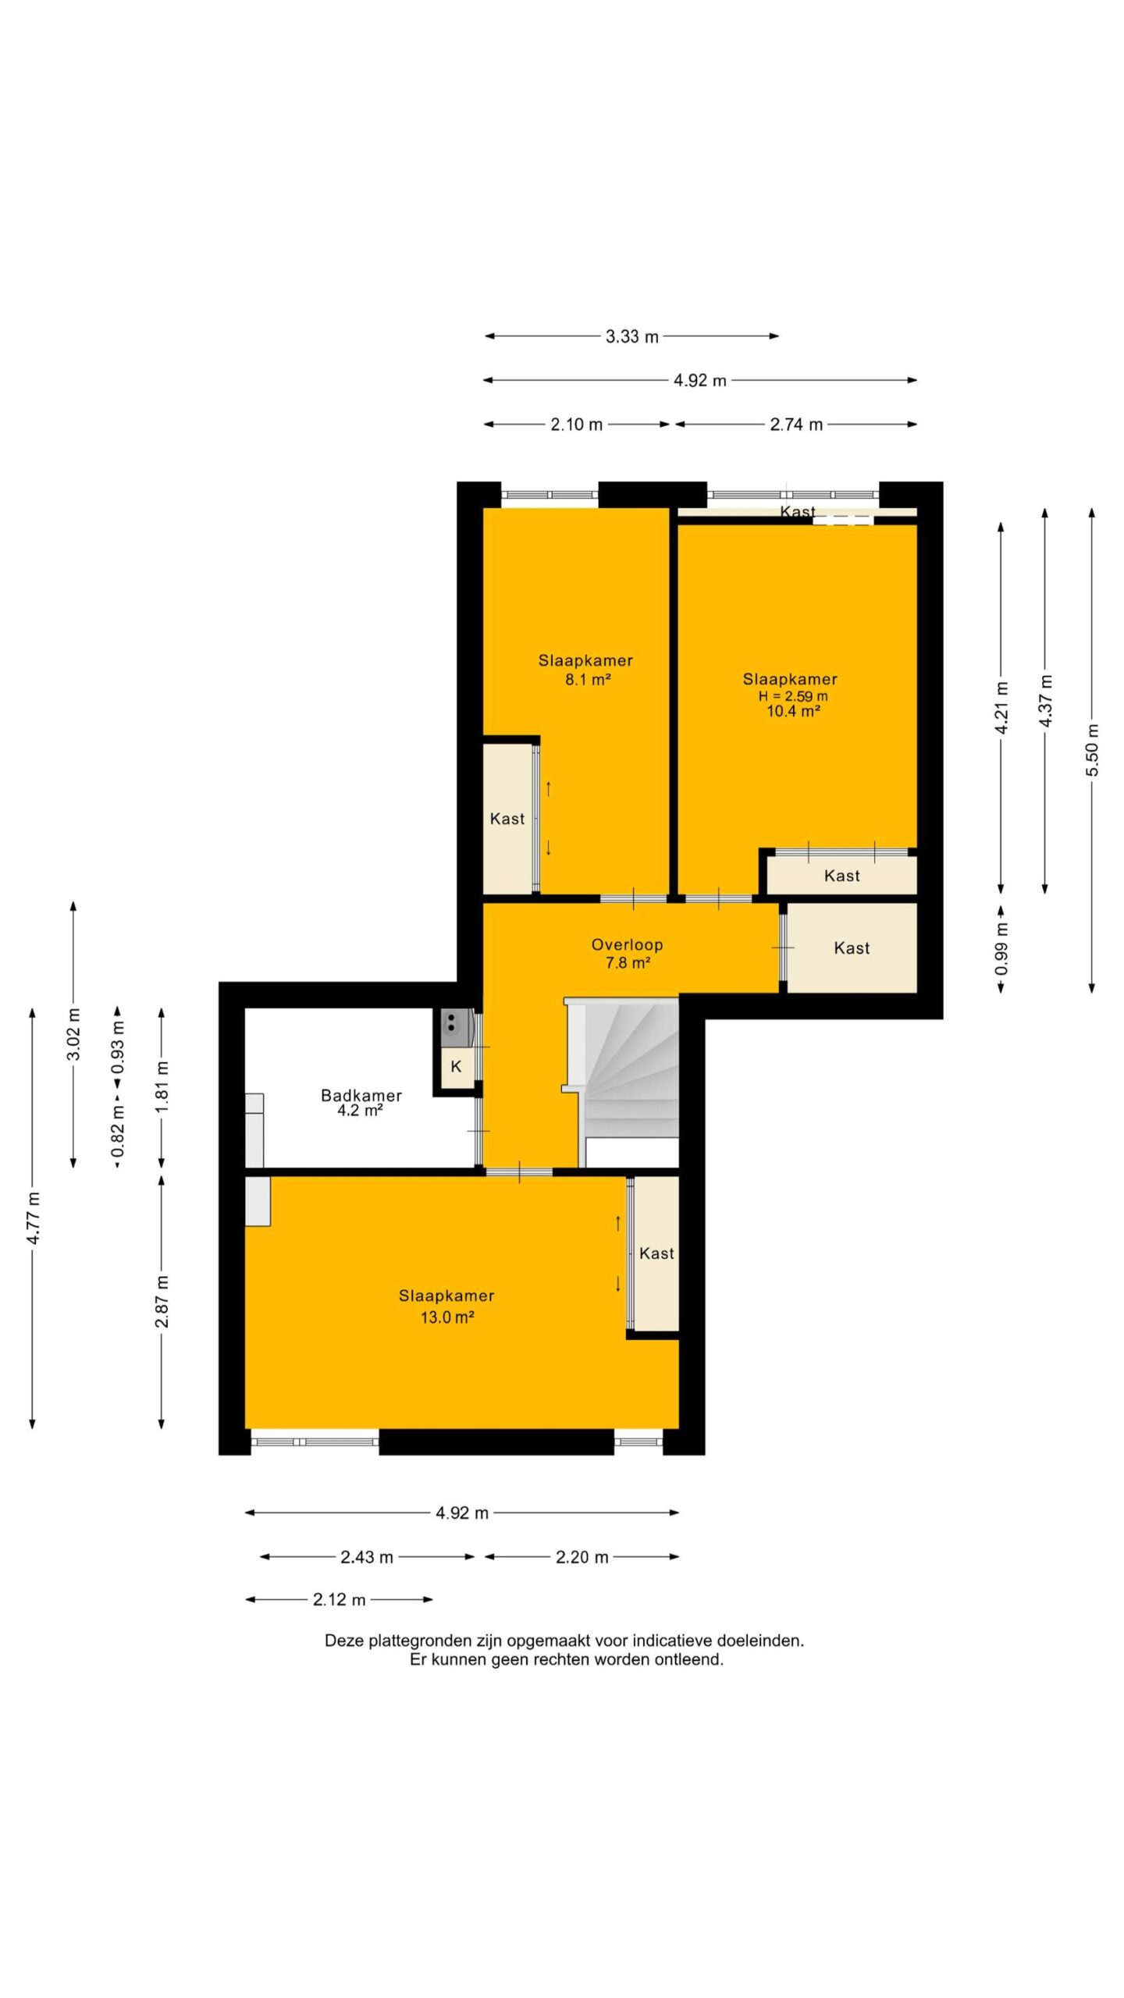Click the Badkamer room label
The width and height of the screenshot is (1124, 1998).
pyautogui.click(x=361, y=1095)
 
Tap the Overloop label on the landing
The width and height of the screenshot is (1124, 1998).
pyautogui.click(x=627, y=944)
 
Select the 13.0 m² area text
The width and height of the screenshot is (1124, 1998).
pyautogui.click(x=447, y=1317)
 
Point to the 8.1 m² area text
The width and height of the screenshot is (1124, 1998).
pyautogui.click(x=588, y=679)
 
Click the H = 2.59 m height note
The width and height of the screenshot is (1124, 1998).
pyautogui.click(x=793, y=695)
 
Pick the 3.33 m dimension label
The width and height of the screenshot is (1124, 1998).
pyautogui.click(x=632, y=336)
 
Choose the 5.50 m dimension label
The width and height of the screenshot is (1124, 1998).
pyautogui.click(x=1092, y=750)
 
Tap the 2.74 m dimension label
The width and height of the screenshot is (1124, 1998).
pyautogui.click(x=796, y=425)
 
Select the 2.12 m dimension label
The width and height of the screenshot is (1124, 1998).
pyautogui.click(x=340, y=1599)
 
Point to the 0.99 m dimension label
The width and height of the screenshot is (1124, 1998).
pyautogui.click(x=1001, y=948)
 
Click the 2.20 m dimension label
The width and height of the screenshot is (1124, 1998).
pyautogui.click(x=582, y=1557)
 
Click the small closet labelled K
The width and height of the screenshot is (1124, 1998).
pyautogui.click(x=457, y=1067)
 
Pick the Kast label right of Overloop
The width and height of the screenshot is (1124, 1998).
pyautogui.click(x=852, y=947)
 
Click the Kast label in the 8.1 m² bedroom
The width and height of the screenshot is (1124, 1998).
pyautogui.click(x=507, y=819)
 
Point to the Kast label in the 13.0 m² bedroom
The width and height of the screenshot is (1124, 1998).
pyautogui.click(x=656, y=1253)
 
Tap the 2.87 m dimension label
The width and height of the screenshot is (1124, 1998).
pyautogui.click(x=162, y=1301)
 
